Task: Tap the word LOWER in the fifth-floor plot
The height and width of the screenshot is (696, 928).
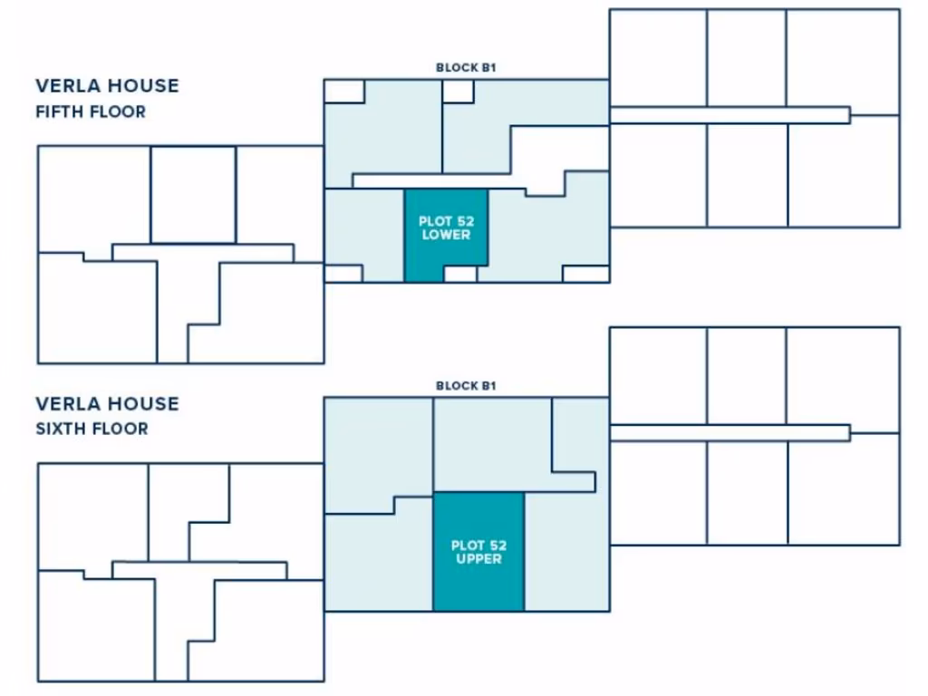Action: tap(445, 236)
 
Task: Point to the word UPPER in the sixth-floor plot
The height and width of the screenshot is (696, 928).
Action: tap(478, 559)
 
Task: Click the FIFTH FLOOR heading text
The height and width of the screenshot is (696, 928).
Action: tap(91, 112)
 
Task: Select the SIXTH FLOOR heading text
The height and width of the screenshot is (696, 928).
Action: tap(92, 429)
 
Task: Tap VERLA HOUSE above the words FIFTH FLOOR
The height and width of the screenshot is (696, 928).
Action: tap(107, 86)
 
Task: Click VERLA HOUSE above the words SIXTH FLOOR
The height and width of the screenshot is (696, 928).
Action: tap(107, 403)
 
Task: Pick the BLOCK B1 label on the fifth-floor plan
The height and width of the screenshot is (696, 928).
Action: tap(466, 68)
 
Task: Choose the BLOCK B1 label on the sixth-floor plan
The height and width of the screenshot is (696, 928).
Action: tap(466, 385)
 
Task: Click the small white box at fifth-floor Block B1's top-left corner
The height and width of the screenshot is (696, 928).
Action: tap(344, 91)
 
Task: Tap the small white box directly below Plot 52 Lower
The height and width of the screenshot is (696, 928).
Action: tap(459, 274)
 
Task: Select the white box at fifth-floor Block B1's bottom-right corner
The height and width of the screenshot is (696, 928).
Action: tap(585, 274)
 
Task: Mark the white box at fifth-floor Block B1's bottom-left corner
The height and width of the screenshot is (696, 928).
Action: tap(343, 274)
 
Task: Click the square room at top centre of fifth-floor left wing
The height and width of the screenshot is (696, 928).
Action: tap(193, 195)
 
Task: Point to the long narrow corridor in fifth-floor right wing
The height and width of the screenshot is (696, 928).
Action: tap(730, 115)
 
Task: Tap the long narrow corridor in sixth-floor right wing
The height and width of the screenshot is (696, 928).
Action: tap(730, 433)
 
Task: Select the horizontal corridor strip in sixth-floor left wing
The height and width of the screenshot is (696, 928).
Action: tap(199, 570)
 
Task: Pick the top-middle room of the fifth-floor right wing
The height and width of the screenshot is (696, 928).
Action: tap(746, 58)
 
